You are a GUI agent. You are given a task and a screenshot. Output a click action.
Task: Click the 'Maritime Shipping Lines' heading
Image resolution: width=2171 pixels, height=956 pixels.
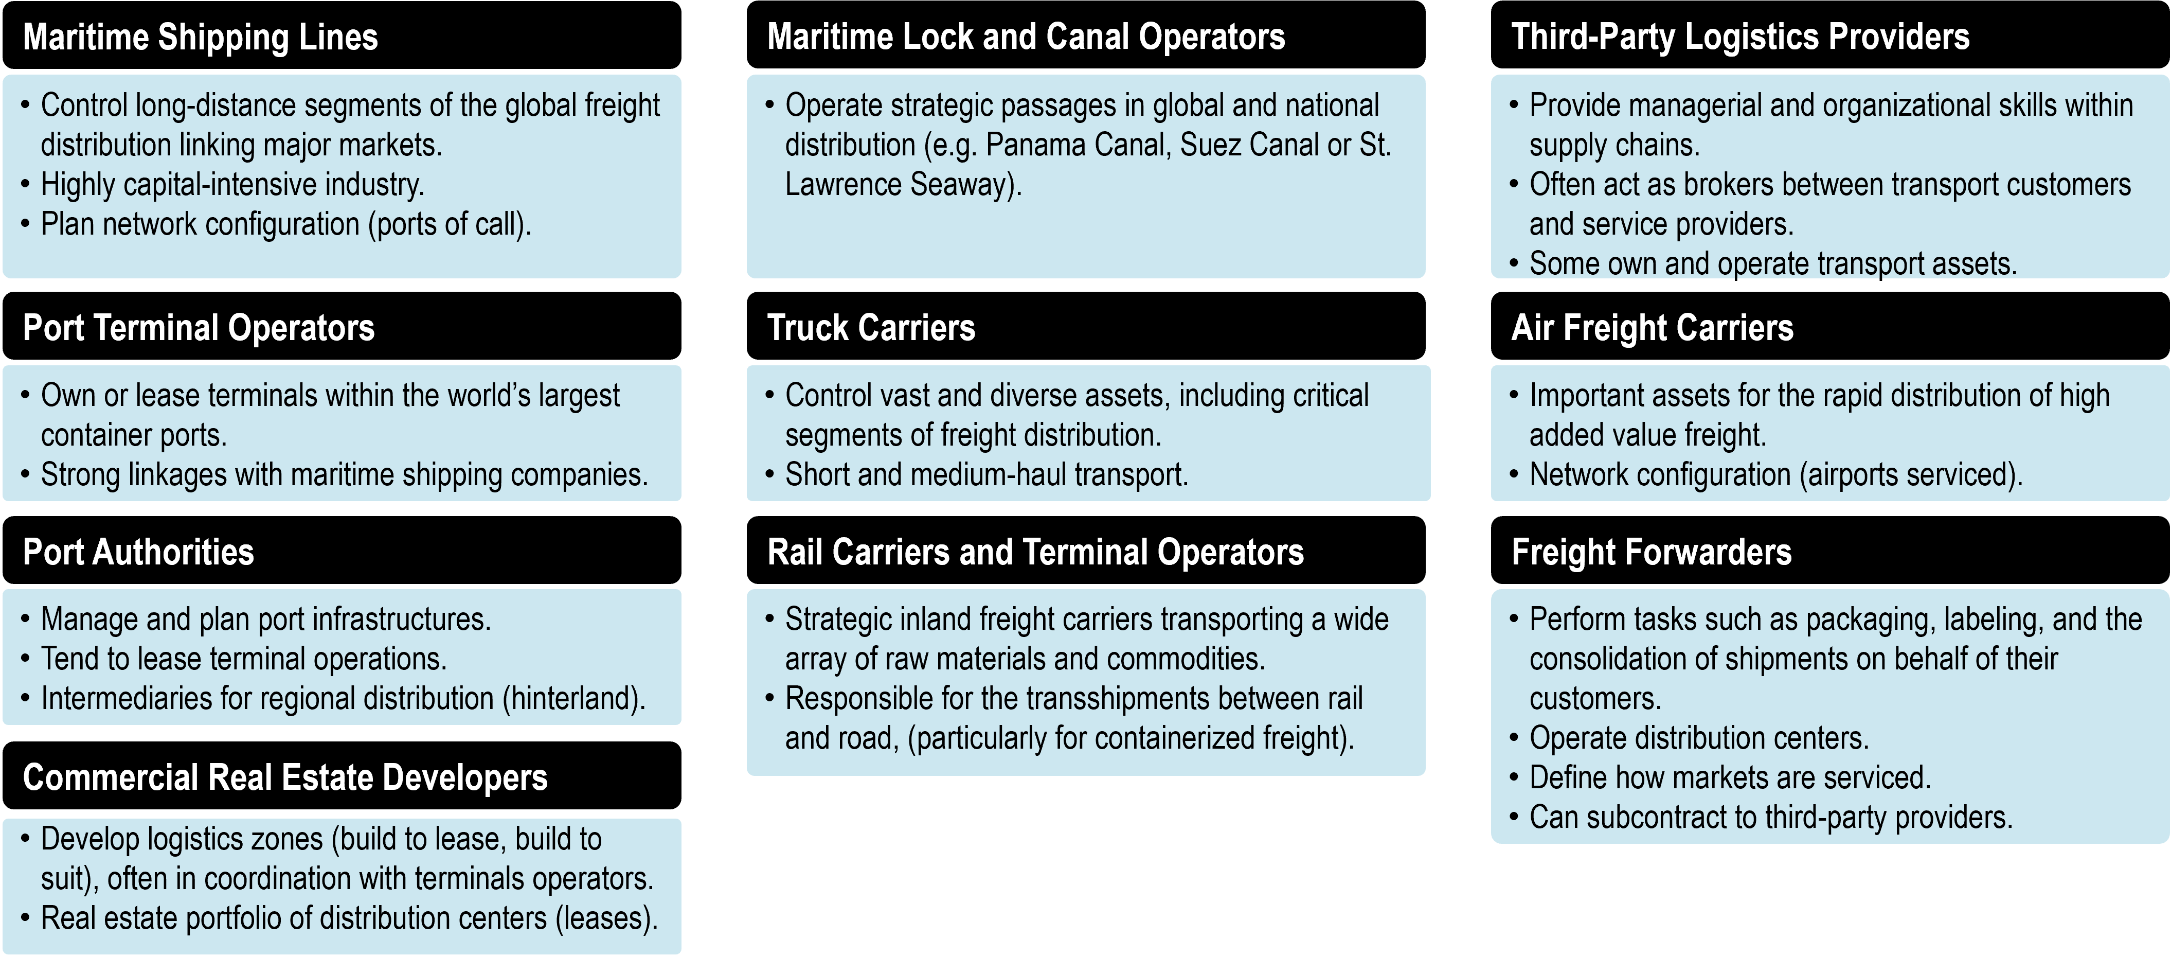[x=201, y=37]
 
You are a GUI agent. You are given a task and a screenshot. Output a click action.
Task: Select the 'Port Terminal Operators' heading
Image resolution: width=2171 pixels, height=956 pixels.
[x=199, y=328]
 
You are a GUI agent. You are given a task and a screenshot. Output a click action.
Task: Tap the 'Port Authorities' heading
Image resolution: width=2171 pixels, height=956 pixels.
[x=138, y=552]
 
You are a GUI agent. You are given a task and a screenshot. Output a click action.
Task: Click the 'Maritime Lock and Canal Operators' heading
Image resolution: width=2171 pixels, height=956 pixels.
[x=1026, y=37]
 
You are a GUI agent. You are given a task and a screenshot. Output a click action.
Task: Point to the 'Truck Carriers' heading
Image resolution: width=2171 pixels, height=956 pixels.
[x=871, y=328]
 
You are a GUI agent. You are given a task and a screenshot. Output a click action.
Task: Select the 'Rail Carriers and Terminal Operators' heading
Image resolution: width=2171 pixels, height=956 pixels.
[x=1035, y=552]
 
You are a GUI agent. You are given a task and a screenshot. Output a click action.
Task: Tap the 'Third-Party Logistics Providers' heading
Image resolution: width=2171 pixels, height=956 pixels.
[x=1741, y=37]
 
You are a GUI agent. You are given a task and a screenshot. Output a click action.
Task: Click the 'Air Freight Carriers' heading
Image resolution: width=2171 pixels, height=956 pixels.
[x=1652, y=328]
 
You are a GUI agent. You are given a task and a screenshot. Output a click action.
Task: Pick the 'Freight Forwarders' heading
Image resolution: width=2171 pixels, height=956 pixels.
[x=1651, y=552]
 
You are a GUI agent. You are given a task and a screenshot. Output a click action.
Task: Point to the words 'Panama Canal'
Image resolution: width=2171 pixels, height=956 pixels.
[x=1078, y=145]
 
